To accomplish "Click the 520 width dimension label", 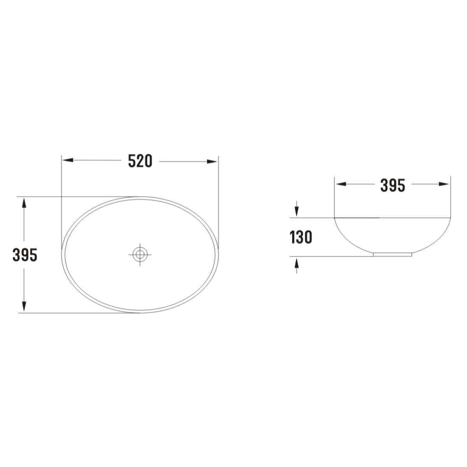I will click(140, 161).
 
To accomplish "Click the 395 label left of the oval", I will click(25, 255).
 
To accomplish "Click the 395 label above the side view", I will click(393, 186).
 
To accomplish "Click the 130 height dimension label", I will click(301, 237).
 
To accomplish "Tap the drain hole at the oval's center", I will click(140, 255).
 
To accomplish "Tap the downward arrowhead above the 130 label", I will click(297, 211).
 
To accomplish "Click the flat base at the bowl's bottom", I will click(393, 255).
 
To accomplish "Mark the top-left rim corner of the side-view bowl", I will click(335, 218).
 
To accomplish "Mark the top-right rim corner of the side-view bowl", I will click(450, 218).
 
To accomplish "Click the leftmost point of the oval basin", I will click(62, 255).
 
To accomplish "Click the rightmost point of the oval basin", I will click(218, 255).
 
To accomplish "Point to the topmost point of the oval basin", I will click(140, 197).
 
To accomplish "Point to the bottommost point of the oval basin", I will click(140, 313).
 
